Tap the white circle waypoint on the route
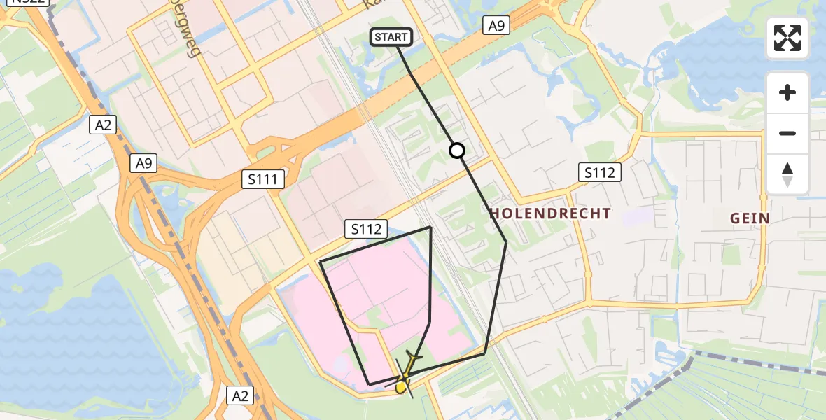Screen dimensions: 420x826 coord(456,150)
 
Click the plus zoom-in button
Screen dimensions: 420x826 coord(787,92)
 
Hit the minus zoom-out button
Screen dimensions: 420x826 coord(787,133)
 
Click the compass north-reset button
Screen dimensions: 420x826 coord(787,174)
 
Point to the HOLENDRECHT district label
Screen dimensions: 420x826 coord(550,213)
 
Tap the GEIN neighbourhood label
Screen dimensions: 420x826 coord(750,218)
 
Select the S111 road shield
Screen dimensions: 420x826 coord(265,180)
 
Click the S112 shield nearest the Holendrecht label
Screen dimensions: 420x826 coord(601,172)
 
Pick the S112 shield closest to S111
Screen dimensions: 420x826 coord(366,228)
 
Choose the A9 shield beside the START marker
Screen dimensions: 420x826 coord(496,26)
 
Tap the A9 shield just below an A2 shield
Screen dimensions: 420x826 coord(146,164)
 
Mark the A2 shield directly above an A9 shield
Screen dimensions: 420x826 coord(103,125)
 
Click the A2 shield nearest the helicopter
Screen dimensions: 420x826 coord(239,396)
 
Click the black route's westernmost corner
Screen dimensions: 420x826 coord(321,262)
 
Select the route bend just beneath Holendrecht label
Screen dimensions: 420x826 coord(506,242)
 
